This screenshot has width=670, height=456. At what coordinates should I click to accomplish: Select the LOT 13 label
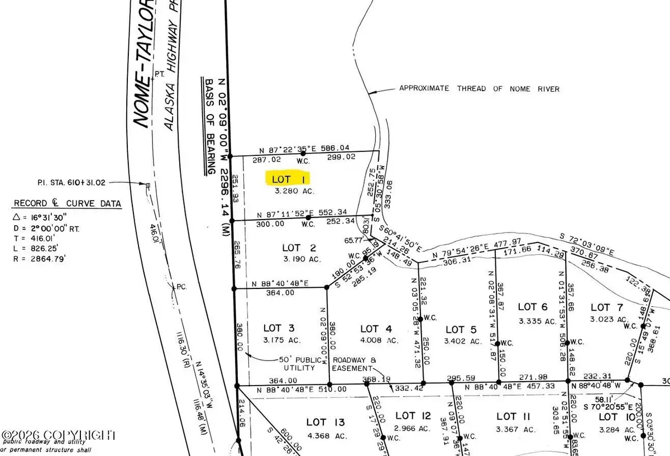tap(326, 422)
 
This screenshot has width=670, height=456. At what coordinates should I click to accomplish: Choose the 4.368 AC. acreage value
tap(326, 435)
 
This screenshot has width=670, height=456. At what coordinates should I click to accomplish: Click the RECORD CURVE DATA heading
tap(67, 204)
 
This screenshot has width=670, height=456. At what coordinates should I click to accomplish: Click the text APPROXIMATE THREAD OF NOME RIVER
tap(479, 89)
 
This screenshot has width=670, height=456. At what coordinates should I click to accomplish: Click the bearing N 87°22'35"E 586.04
tap(305, 149)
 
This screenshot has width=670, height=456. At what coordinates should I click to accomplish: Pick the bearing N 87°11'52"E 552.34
tap(301, 214)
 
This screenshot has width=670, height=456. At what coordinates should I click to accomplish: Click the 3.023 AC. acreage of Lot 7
tap(609, 319)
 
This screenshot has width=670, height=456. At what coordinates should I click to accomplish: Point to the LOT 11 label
tap(506, 416)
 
